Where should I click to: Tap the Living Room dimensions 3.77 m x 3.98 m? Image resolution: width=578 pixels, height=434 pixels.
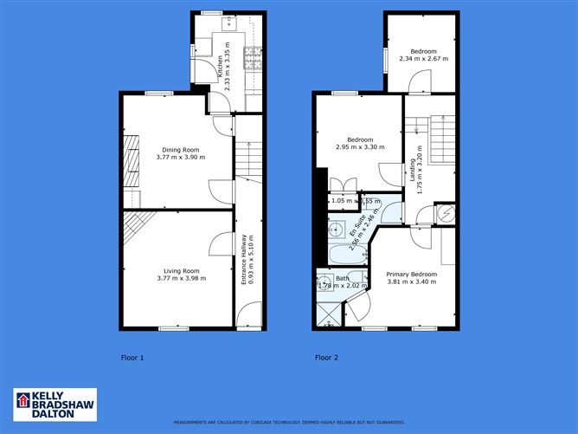click(177, 279)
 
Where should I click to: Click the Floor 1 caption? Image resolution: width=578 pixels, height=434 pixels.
click(132, 357)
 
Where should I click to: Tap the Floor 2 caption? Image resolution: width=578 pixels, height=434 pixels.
click(326, 357)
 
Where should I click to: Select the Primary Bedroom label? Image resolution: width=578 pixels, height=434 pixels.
click(411, 274)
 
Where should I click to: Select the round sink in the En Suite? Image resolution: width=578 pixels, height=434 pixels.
click(333, 230)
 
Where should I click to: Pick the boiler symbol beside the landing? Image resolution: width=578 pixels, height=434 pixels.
click(447, 213)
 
